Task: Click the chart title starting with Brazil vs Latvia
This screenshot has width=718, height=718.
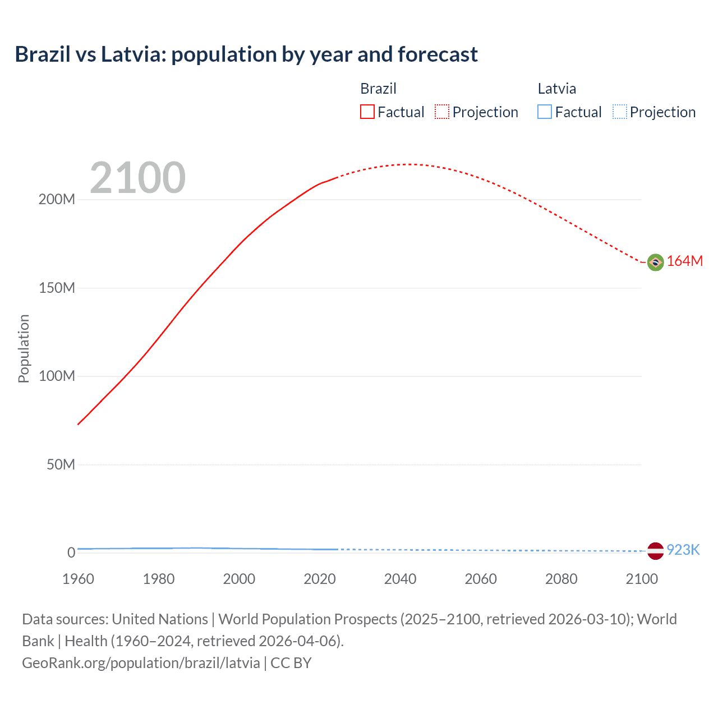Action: pyautogui.click(x=246, y=54)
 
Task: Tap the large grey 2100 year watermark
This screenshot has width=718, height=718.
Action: pyautogui.click(x=137, y=178)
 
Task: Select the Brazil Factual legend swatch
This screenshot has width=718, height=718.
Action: pyautogui.click(x=367, y=112)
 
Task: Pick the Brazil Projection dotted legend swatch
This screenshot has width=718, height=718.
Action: pyautogui.click(x=442, y=112)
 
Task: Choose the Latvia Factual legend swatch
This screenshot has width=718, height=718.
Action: pyautogui.click(x=545, y=112)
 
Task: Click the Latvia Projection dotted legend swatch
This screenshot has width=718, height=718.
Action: pyautogui.click(x=620, y=112)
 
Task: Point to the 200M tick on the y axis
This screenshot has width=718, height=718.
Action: pyautogui.click(x=57, y=200)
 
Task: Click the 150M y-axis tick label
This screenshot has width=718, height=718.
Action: pyautogui.click(x=57, y=288)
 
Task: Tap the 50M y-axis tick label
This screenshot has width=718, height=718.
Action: pyautogui.click(x=61, y=464)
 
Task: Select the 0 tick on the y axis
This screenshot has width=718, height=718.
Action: pyautogui.click(x=71, y=553)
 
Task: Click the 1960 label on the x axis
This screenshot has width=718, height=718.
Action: pyautogui.click(x=78, y=579)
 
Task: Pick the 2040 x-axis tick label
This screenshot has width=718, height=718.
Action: pyautogui.click(x=400, y=579)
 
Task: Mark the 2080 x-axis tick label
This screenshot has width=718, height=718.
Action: pyautogui.click(x=561, y=579)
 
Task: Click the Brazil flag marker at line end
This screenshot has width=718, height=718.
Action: pyautogui.click(x=655, y=262)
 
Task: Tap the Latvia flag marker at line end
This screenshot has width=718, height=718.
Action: pyautogui.click(x=655, y=551)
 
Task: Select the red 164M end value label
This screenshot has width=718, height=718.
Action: pyautogui.click(x=684, y=261)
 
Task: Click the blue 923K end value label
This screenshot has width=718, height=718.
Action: pyautogui.click(x=683, y=550)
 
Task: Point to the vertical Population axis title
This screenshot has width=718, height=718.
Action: pyautogui.click(x=24, y=348)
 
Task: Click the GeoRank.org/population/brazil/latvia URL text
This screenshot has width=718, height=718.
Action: pyautogui.click(x=141, y=663)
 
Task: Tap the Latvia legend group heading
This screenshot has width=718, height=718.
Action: pyautogui.click(x=556, y=89)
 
